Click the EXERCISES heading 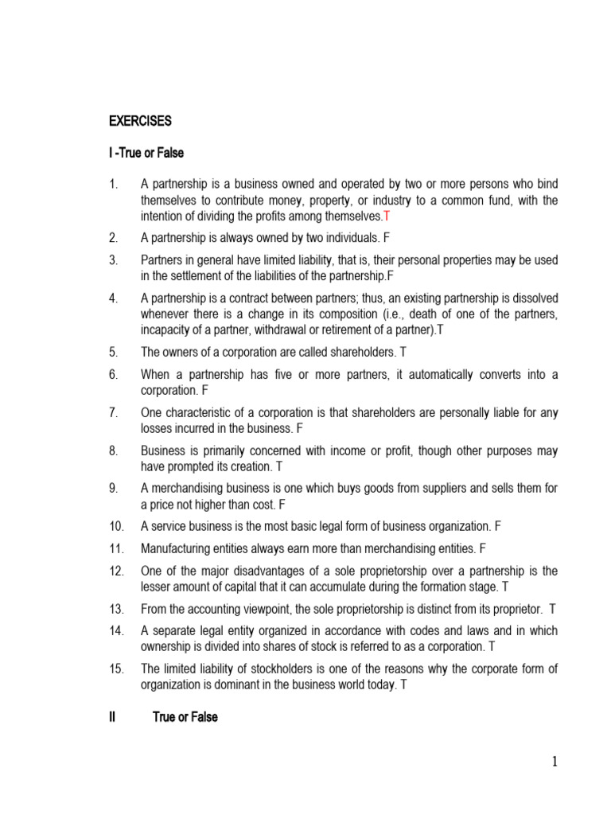(x=140, y=122)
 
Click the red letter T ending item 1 (x=387, y=216)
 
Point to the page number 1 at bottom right (x=555, y=763)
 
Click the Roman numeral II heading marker (x=112, y=717)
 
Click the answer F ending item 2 (x=387, y=237)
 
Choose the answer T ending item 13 (x=553, y=609)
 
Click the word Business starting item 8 (x=162, y=450)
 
